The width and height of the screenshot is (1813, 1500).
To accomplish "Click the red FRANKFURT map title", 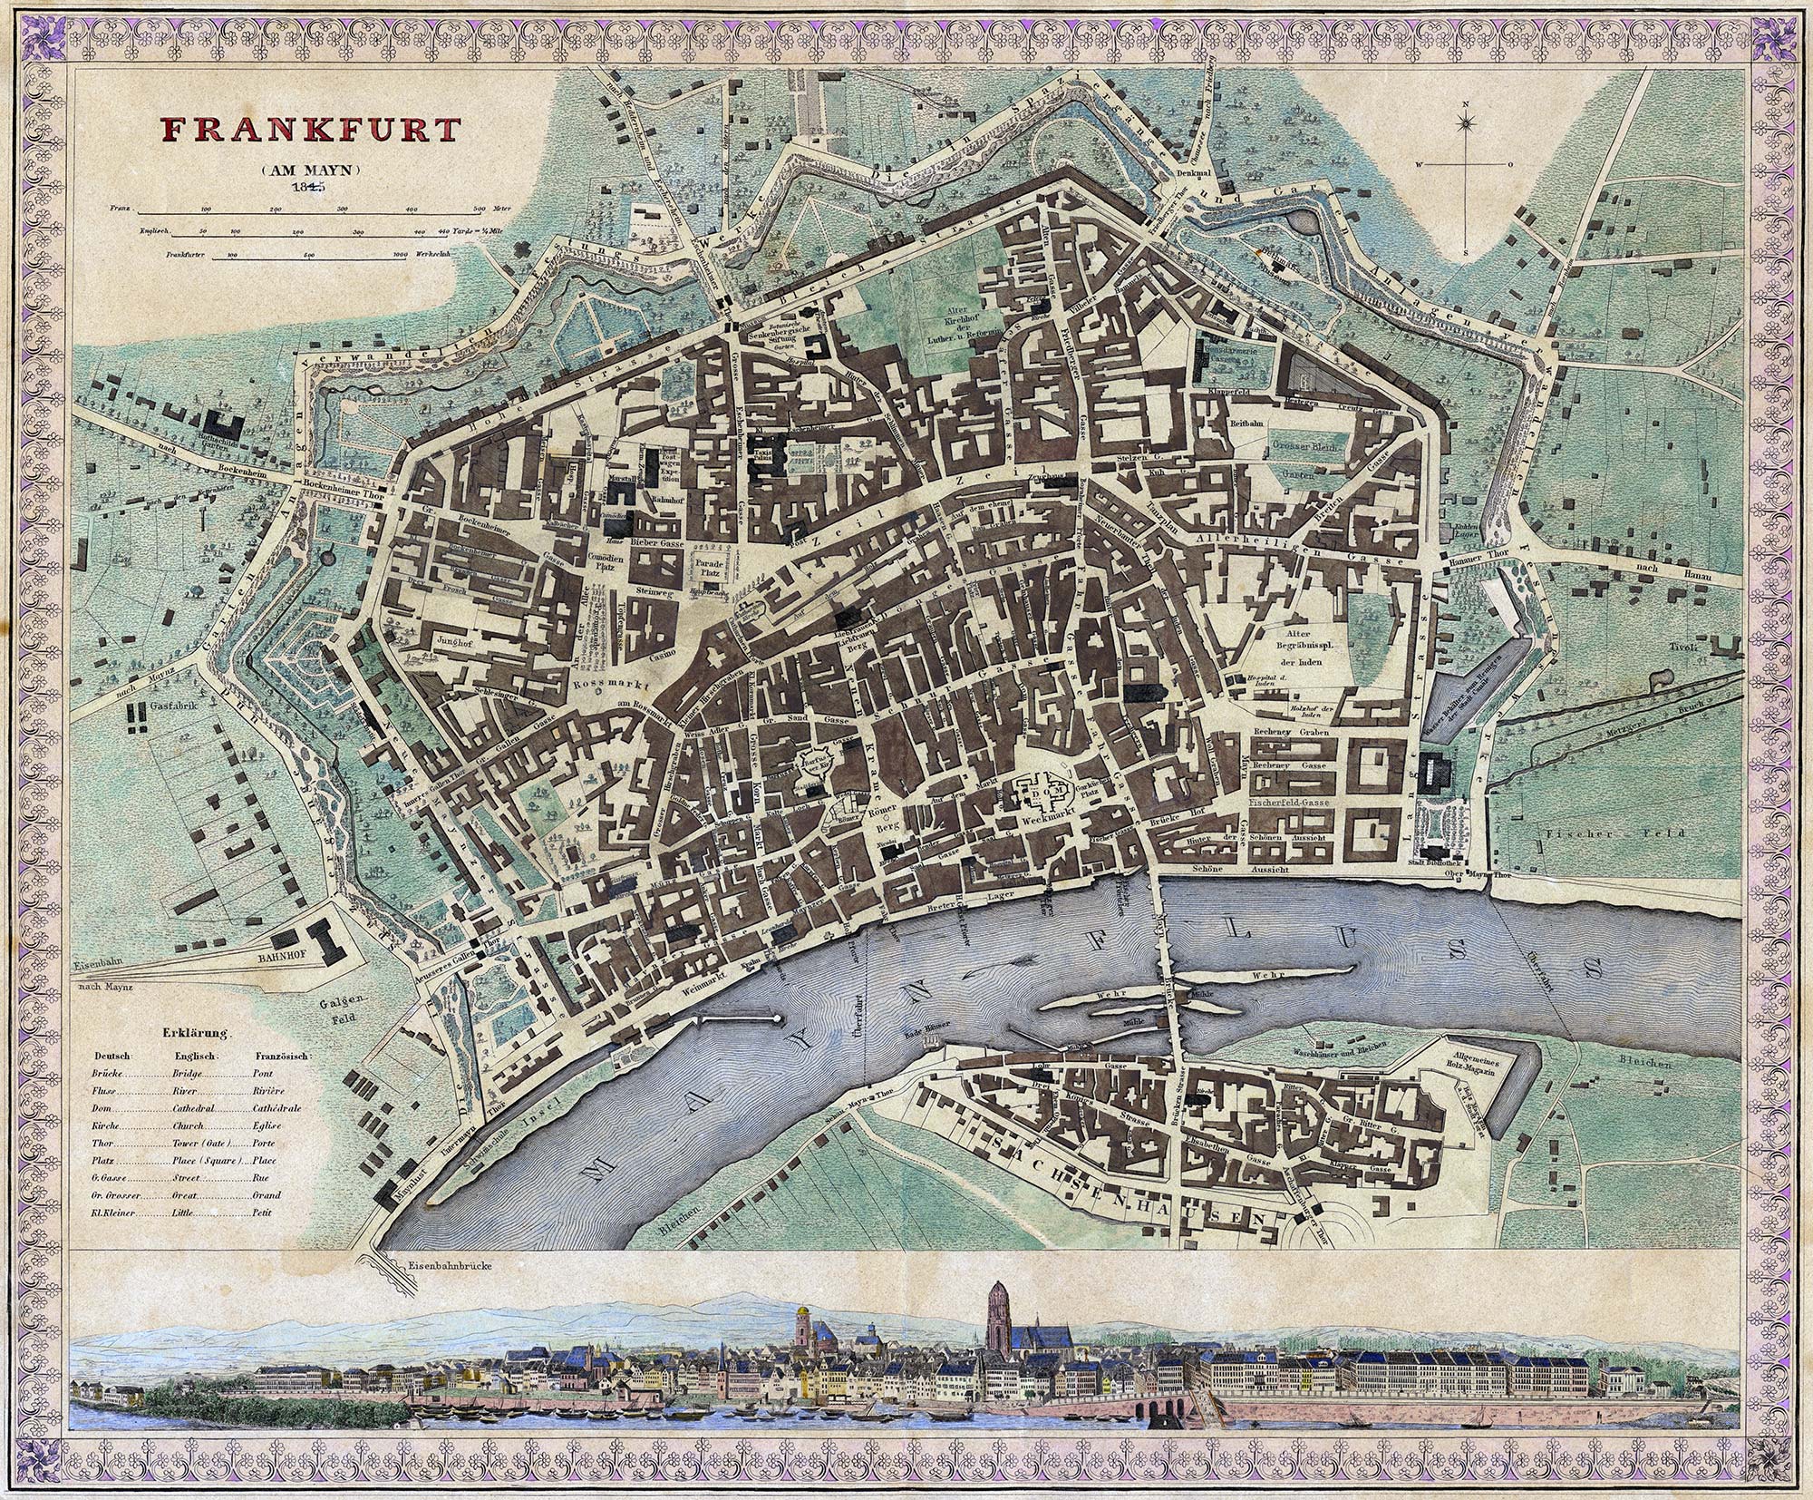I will [310, 129].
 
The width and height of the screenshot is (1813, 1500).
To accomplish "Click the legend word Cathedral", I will [194, 1108].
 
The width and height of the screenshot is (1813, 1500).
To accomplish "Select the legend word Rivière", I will [269, 1092].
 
